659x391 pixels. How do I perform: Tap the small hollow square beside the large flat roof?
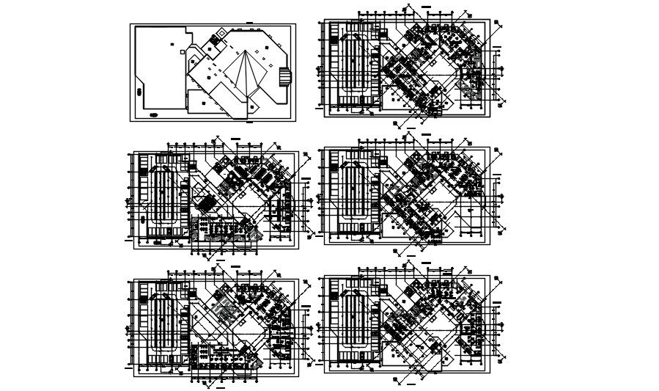(x=183, y=52)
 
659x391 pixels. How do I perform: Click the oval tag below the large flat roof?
(x=154, y=114)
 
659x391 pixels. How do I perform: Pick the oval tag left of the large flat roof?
(x=139, y=92)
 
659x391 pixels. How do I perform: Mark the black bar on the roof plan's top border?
(x=249, y=23)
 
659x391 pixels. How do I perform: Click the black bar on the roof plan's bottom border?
(x=249, y=122)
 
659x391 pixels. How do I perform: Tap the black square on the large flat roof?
(x=172, y=44)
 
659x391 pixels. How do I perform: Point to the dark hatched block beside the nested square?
(x=222, y=32)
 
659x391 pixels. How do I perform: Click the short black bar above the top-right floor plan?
(x=426, y=7)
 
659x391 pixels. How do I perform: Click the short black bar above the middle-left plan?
(x=235, y=138)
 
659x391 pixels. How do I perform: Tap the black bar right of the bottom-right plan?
(x=497, y=302)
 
